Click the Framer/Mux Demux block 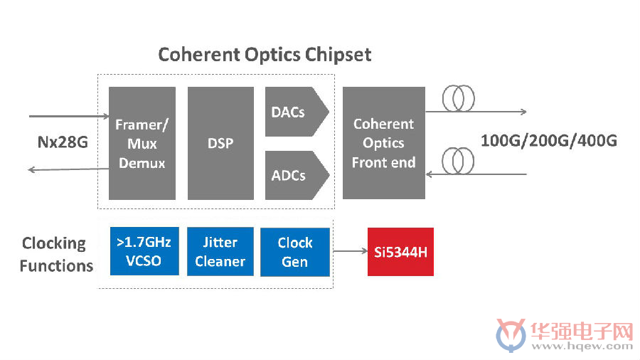pyautogui.click(x=142, y=143)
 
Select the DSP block pyautogui.click(x=220, y=143)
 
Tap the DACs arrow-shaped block pyautogui.click(x=297, y=112)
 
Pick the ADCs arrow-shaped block pyautogui.click(x=297, y=176)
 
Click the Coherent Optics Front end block pyautogui.click(x=384, y=143)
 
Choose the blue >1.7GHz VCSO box pyautogui.click(x=144, y=251)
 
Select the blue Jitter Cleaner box pyautogui.click(x=220, y=251)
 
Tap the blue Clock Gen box pyautogui.click(x=295, y=252)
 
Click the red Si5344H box pyautogui.click(x=400, y=252)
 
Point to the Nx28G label pyautogui.click(x=63, y=142)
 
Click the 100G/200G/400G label pyautogui.click(x=549, y=140)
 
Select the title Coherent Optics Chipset pyautogui.click(x=265, y=55)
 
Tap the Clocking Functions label pyautogui.click(x=56, y=254)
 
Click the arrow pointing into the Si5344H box pyautogui.click(x=351, y=251)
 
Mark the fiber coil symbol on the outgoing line pyautogui.click(x=459, y=98)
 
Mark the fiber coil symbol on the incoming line pyautogui.click(x=458, y=162)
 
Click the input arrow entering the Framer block pyautogui.click(x=69, y=117)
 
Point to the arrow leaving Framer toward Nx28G pyautogui.click(x=68, y=169)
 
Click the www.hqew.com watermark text pyautogui.click(x=582, y=346)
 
